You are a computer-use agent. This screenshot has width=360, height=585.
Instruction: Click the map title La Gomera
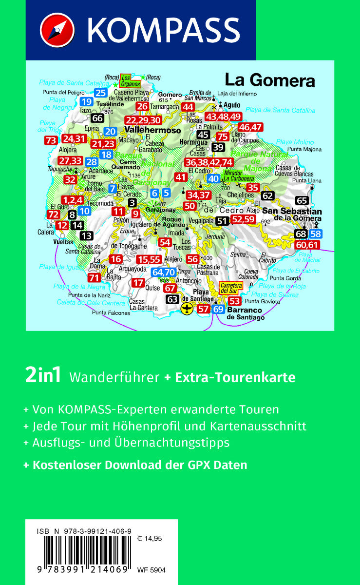click(x=269, y=80)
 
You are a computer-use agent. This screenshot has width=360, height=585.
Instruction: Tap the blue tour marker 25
click(x=101, y=93)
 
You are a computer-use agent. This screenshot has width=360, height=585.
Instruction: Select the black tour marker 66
click(x=97, y=118)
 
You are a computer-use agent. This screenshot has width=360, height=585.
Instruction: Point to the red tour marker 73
click(x=50, y=140)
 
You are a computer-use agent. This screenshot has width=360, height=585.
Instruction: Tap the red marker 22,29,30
click(x=143, y=120)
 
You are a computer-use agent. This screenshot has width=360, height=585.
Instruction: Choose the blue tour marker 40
click(x=213, y=178)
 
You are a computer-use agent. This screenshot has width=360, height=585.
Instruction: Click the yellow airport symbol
click(x=187, y=308)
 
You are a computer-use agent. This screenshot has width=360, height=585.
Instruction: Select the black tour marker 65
click(x=302, y=200)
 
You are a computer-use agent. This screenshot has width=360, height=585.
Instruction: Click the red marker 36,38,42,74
click(x=208, y=163)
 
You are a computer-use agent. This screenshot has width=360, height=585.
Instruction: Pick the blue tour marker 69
click(x=218, y=309)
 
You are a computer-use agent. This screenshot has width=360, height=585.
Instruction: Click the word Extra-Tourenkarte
click(x=235, y=377)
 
